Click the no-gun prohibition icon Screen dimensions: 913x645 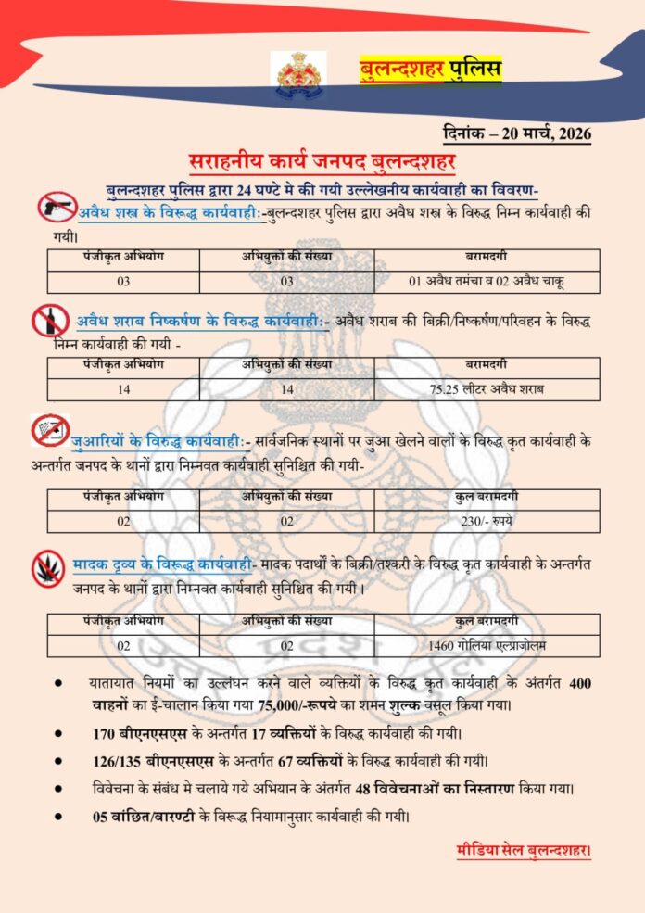coord(57,206)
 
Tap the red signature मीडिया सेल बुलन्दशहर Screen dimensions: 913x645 coord(524,850)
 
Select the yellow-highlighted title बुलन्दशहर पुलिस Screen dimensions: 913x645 coord(430,70)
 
